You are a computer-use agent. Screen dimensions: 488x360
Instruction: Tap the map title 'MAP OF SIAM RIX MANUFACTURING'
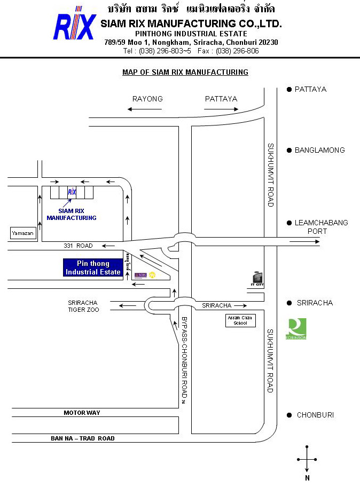click(x=185, y=72)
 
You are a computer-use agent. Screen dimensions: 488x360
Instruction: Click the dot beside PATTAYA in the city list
click(x=289, y=89)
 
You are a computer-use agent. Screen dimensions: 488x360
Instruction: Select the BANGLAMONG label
click(x=320, y=150)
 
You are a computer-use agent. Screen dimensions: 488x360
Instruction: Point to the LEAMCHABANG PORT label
click(x=321, y=226)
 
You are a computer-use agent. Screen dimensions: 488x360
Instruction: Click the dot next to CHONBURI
click(x=289, y=415)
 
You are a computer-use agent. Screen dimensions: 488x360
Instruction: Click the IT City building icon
click(x=258, y=278)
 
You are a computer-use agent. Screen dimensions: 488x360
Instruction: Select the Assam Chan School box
click(x=240, y=320)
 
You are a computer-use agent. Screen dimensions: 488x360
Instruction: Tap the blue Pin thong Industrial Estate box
click(x=92, y=267)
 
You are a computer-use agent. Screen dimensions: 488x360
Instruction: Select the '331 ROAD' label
click(x=78, y=246)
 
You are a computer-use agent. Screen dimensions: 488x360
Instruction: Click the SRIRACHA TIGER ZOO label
click(x=82, y=306)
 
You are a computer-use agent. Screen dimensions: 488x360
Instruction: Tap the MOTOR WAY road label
click(x=82, y=413)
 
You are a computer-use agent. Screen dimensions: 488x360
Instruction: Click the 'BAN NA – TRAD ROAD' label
click(x=83, y=438)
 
